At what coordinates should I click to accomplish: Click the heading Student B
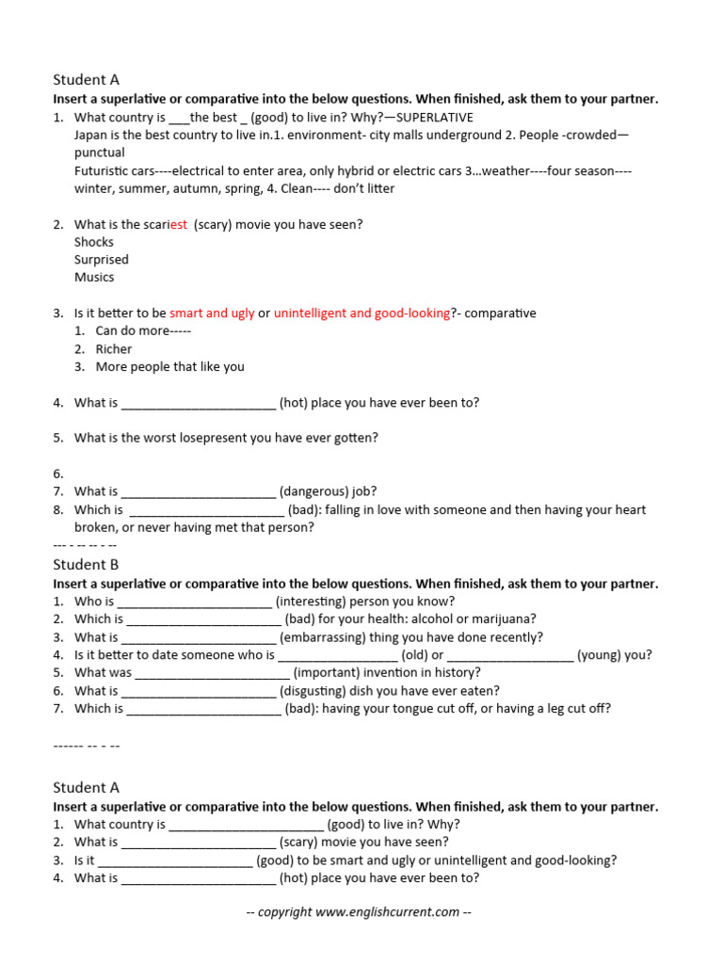[86, 565]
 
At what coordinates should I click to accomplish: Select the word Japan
[92, 135]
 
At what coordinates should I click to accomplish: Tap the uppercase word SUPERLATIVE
[436, 118]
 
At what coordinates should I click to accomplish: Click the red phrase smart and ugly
[212, 313]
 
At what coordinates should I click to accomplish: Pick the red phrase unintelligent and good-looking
[361, 313]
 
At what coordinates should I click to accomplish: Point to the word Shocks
[94, 242]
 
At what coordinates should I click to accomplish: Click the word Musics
[94, 278]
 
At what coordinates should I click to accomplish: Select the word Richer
[114, 349]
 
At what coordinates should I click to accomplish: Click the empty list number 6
[58, 474]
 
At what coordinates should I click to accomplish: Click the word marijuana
[503, 619]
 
